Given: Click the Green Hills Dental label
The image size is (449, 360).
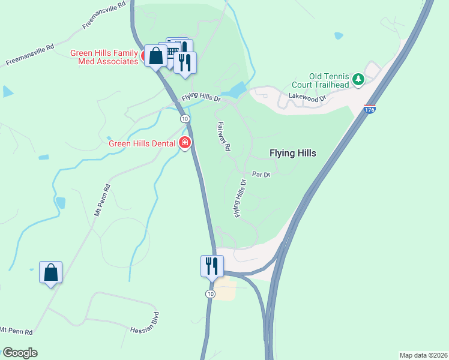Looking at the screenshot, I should click(142, 143).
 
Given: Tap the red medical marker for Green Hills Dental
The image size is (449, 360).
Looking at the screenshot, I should click(185, 143).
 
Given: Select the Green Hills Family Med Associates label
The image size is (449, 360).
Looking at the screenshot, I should click(104, 57).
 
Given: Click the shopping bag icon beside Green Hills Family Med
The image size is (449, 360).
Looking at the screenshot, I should click(156, 56).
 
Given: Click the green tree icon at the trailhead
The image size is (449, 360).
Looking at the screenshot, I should click(358, 79).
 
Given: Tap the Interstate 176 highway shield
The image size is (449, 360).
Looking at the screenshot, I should click(370, 110).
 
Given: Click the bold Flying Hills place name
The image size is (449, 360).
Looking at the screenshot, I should click(292, 154).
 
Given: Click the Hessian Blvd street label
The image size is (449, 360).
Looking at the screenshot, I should click(145, 323).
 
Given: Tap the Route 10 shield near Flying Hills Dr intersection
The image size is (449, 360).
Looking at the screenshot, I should click(185, 118).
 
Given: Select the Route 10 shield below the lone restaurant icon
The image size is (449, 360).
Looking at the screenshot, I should click(210, 293).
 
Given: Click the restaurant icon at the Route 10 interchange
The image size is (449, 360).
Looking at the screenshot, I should click(212, 265).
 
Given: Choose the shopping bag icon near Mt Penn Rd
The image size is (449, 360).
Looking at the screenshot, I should click(51, 272).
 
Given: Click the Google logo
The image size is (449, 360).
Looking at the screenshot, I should click(20, 353).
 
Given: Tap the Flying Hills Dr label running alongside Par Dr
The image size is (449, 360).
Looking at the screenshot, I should click(240, 198).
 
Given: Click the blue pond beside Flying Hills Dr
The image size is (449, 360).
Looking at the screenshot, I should click(235, 91).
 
